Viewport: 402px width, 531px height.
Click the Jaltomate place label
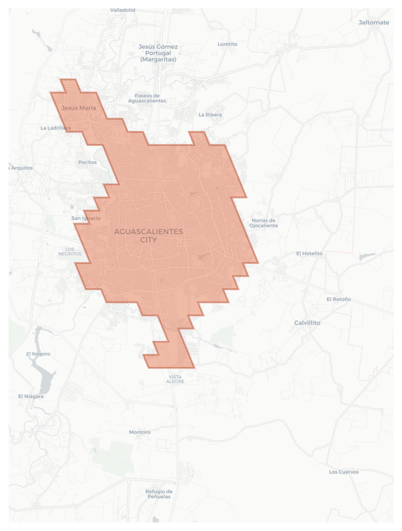pos(374,23)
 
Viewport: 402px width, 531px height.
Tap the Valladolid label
pos(123,10)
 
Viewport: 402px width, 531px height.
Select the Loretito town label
pos(227,44)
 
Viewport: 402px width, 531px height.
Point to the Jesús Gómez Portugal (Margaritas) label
pos(158,53)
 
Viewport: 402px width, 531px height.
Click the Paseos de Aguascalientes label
pos(147,98)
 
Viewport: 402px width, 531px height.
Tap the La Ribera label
pos(210,115)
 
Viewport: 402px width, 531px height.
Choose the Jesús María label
pos(79,108)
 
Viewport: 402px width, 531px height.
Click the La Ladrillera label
pos(56,128)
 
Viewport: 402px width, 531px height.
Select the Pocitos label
pos(88,162)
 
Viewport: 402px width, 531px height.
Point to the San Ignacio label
pos(86,218)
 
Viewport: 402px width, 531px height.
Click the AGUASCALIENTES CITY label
pos(148,236)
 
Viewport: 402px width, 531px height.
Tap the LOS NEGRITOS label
pos(70,252)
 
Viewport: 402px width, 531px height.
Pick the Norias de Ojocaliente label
pos(264,223)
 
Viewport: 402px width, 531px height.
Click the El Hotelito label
pos(309,253)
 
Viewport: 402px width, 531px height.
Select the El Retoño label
pos(339,299)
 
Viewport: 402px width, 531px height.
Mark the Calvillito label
pos(307,323)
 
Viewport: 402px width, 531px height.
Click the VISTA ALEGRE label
pos(175,379)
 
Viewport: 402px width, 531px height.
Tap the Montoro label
pos(140,432)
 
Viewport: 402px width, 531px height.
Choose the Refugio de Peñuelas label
pos(159,494)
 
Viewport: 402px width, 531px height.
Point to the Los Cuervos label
pos(344,472)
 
